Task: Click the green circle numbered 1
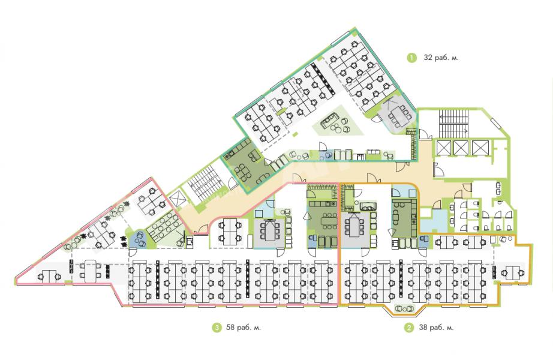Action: tap(411, 58)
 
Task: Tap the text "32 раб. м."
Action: tap(441, 58)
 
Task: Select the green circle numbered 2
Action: tap(409, 328)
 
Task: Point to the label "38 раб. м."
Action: tap(436, 328)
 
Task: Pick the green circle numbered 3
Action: tap(217, 328)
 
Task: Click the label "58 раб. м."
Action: tap(244, 328)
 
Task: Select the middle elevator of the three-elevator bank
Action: tap(461, 148)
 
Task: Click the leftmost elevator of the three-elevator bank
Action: tap(444, 148)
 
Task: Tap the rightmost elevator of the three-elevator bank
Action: tap(480, 148)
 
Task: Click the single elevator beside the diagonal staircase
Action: tap(177, 198)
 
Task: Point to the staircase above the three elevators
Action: tap(453, 122)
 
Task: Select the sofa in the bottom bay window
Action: tap(404, 308)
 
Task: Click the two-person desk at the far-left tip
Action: tap(49, 275)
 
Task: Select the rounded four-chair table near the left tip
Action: tap(91, 271)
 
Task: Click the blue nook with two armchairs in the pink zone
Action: tap(139, 239)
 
